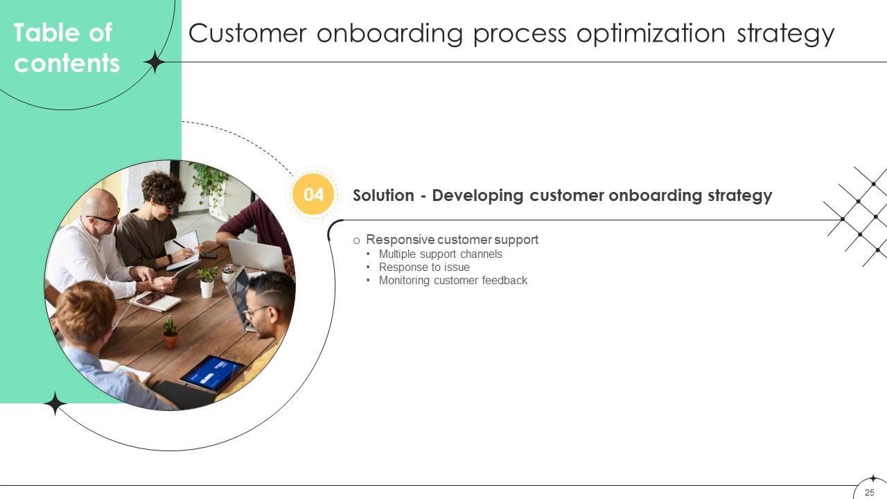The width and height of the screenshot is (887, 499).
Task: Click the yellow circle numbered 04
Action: [314, 195]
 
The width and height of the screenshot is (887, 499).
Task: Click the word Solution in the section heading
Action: [383, 195]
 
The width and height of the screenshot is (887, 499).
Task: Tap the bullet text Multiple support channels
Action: [440, 254]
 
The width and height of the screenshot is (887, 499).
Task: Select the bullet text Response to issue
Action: [424, 267]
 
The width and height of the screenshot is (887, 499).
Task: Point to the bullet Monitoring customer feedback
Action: [453, 280]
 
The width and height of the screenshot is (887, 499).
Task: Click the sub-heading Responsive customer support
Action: [452, 239]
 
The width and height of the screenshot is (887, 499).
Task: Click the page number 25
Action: [870, 492]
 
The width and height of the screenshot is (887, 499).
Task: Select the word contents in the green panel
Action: [67, 63]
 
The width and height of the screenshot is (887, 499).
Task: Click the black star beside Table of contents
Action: [154, 62]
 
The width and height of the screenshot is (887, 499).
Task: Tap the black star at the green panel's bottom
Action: [55, 403]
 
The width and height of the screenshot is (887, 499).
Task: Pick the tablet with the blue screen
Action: [212, 373]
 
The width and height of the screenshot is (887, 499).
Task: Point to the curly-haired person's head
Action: [164, 189]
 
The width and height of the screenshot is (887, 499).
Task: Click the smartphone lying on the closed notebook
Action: [150, 298]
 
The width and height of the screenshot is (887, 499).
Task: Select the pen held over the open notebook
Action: [179, 245]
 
